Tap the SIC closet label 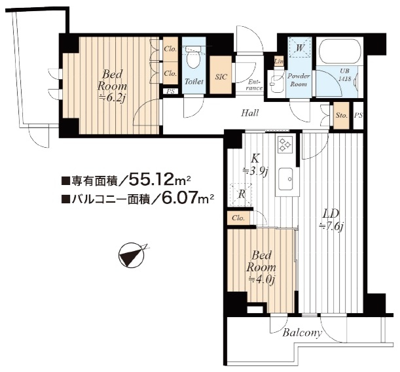[221, 77]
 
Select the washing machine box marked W [300, 47]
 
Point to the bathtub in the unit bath [340, 51]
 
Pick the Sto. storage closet [341, 116]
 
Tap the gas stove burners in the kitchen [285, 144]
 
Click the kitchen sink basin [285, 179]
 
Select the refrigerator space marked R [240, 194]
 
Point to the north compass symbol [132, 255]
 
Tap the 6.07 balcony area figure [178, 198]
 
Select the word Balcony [302, 333]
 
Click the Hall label [250, 112]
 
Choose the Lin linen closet [279, 61]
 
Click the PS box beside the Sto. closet [358, 116]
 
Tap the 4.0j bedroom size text [261, 280]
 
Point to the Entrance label [254, 85]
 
